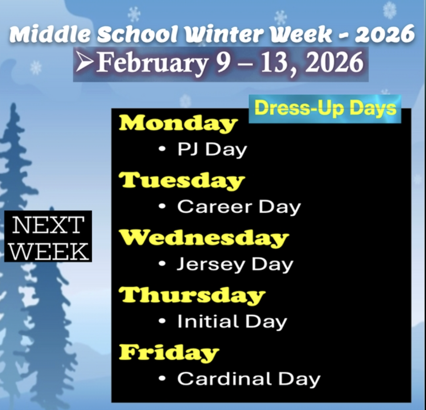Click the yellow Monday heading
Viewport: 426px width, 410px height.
178,123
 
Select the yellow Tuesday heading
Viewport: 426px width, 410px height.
182,180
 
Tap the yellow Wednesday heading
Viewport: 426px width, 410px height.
204,238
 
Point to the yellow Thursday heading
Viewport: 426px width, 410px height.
192,295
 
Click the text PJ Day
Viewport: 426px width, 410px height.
212,150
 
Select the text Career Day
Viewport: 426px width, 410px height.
239,207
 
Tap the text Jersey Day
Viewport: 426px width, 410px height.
235,264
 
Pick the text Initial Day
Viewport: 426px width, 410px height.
232,321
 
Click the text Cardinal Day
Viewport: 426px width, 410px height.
249,379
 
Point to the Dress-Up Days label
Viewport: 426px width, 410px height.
325,109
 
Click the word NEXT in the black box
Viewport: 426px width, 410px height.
48,225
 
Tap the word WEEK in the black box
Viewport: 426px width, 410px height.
48,251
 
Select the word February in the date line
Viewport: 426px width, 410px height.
152,63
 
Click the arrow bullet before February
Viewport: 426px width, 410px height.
84,63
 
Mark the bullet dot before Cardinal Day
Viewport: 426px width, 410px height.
163,379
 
